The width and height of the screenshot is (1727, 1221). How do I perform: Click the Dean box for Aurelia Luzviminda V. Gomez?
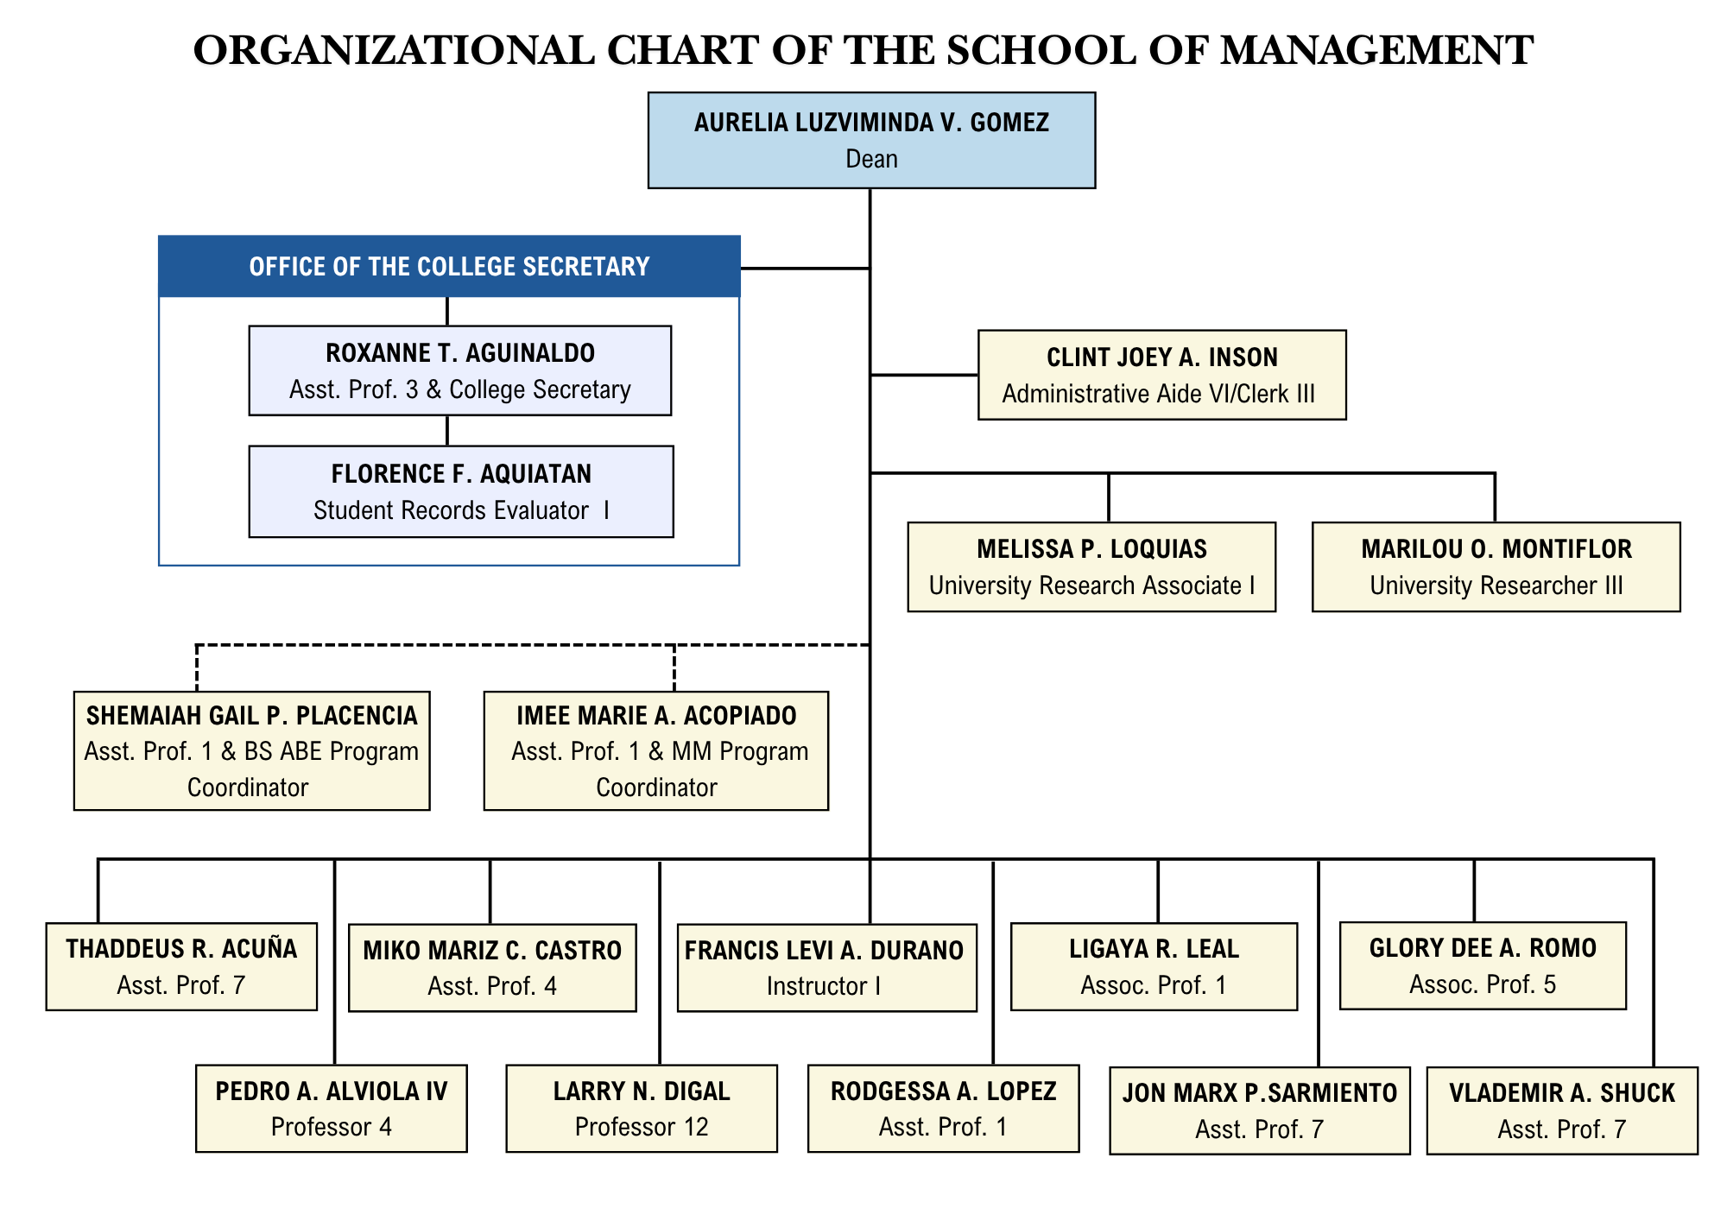[871, 140]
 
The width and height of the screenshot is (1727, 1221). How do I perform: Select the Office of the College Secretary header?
[449, 266]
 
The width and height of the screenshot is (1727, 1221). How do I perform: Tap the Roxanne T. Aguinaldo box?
[459, 370]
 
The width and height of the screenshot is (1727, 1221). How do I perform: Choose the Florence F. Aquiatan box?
[461, 491]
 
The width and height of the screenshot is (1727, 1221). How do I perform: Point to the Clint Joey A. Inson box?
[1161, 375]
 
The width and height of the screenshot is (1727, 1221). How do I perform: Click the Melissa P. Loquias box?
[1091, 566]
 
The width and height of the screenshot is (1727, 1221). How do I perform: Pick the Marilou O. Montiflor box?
[1496, 566]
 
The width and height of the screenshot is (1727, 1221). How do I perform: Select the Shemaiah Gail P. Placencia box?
[251, 750]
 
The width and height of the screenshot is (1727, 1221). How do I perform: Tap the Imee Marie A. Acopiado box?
[655, 750]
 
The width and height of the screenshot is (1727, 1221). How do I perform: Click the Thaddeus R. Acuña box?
[181, 966]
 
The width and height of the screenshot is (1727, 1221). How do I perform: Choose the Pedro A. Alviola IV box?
[331, 1108]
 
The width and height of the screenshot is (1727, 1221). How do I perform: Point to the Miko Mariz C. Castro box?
[492, 967]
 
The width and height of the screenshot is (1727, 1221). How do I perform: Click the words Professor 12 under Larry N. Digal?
[642, 1127]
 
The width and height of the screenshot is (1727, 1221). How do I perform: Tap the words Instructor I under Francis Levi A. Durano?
[824, 986]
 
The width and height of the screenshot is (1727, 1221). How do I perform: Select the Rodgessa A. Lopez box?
[943, 1108]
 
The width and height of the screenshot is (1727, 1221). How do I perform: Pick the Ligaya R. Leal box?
[1154, 966]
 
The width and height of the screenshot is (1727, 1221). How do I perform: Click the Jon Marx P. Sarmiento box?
[1259, 1110]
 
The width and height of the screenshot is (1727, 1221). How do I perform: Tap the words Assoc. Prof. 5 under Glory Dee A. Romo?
[1483, 984]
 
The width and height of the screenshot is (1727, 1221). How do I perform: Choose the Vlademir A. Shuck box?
[1562, 1110]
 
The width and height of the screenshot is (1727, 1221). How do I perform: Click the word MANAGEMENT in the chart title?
[1376, 50]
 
